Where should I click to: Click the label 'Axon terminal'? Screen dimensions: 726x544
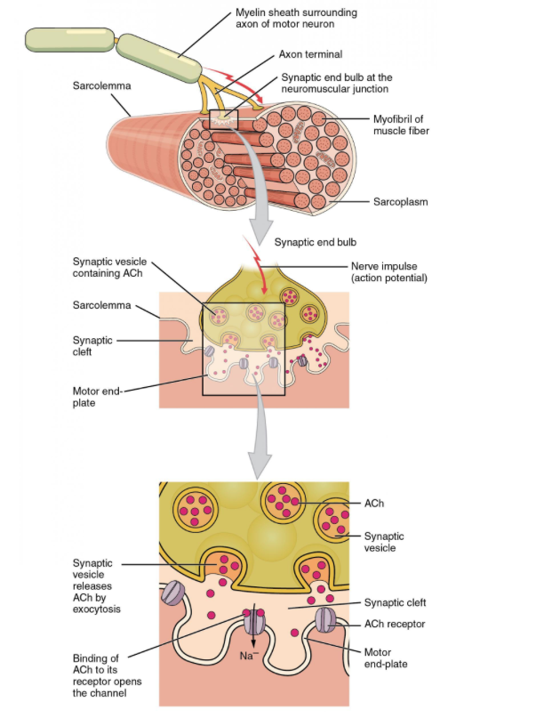tap(310, 54)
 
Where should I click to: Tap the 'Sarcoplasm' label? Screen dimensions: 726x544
tap(400, 202)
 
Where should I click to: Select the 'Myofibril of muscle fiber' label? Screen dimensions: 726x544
tap(401, 125)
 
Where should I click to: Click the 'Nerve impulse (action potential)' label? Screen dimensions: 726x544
tap(389, 271)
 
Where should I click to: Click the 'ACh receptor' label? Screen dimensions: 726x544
tap(395, 624)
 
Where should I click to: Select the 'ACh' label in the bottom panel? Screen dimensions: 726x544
tap(373, 504)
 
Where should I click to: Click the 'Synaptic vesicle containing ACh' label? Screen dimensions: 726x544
tap(110, 267)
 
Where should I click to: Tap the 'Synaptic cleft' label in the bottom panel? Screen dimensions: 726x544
tap(395, 602)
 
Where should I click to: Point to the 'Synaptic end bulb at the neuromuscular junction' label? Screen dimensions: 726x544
tap(336, 83)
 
